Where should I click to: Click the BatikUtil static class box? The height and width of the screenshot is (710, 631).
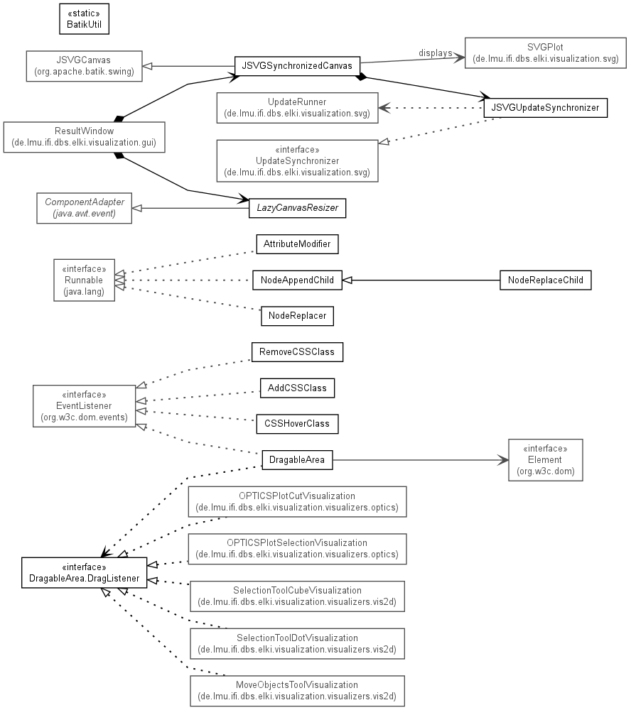85,19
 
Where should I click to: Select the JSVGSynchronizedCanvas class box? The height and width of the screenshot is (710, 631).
297,66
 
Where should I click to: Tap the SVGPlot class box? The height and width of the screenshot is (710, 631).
545,53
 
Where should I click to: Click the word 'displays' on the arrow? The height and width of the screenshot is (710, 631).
435,53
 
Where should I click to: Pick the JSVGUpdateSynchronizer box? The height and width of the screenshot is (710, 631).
545,108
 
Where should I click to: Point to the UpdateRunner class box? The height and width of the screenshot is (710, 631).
297,108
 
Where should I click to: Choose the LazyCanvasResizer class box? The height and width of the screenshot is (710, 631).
297,208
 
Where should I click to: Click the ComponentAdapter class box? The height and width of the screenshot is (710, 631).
85,208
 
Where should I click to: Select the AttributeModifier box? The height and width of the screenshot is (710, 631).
297,244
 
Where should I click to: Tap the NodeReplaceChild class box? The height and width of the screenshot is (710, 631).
545,280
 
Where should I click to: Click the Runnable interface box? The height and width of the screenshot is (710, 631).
85,280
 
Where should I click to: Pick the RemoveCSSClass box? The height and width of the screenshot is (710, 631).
297,352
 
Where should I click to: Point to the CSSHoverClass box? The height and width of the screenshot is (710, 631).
297,424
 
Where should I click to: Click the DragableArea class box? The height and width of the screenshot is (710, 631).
297,460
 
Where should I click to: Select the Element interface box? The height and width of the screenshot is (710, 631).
545,460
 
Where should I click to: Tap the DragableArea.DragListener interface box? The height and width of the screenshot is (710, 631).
85,573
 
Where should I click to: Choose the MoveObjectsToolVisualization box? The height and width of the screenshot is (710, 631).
297,691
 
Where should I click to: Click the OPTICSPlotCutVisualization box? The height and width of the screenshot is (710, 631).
297,502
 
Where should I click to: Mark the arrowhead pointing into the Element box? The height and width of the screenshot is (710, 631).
503,460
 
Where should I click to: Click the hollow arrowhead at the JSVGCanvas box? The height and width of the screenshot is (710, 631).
147,66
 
